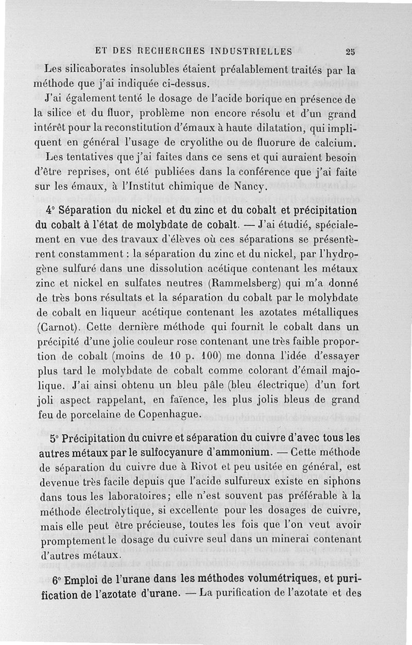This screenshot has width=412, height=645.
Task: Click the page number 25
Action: [351, 51]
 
